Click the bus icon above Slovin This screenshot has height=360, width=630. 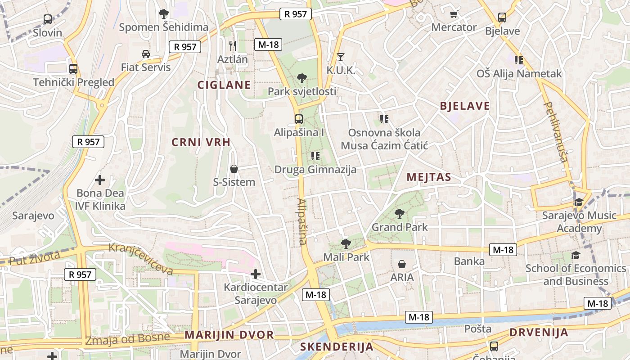click(48, 19)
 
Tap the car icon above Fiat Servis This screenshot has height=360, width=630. click(146, 54)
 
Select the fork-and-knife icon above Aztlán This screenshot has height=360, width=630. click(232, 45)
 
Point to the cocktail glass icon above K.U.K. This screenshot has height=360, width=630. click(341, 57)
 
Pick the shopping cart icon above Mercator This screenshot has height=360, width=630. click(454, 14)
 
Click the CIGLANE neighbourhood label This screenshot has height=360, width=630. click(224, 85)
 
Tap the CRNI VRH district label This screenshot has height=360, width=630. click(201, 142)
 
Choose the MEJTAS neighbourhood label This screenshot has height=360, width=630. click(428, 177)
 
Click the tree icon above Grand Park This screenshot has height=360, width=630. click(399, 214)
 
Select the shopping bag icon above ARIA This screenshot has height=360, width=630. click(402, 264)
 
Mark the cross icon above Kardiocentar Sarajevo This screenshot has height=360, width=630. click(256, 274)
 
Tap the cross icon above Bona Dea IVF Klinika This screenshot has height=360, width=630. click(100, 180)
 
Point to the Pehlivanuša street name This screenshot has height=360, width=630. click(556, 131)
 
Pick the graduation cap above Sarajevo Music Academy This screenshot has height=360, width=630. click(578, 202)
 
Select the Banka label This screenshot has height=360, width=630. click(469, 261)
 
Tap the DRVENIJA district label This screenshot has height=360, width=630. click(539, 333)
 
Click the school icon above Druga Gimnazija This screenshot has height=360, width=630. click(315, 156)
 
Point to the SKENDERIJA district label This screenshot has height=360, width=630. click(337, 346)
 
